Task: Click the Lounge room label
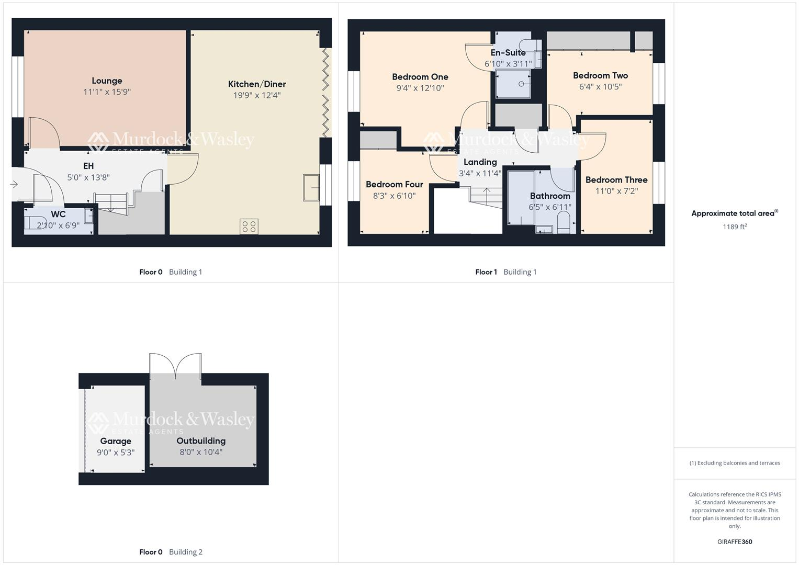(x=107, y=81)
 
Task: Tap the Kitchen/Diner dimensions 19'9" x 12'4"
(x=257, y=95)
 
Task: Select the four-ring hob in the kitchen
(x=249, y=227)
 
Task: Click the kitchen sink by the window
(x=311, y=187)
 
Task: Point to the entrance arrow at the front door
(x=14, y=184)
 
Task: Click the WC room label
(x=58, y=214)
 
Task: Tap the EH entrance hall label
(x=88, y=166)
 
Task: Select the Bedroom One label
(x=420, y=77)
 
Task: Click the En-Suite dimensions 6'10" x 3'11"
(x=508, y=64)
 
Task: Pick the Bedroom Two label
(x=600, y=75)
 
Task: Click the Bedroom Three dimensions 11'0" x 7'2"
(x=616, y=191)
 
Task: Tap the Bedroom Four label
(x=394, y=184)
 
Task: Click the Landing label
(x=480, y=162)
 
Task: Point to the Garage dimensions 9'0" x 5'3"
(x=116, y=453)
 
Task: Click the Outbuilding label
(x=201, y=441)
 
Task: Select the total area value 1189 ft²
(x=734, y=227)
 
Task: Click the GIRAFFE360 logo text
(x=734, y=542)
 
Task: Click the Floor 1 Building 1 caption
(x=505, y=272)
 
